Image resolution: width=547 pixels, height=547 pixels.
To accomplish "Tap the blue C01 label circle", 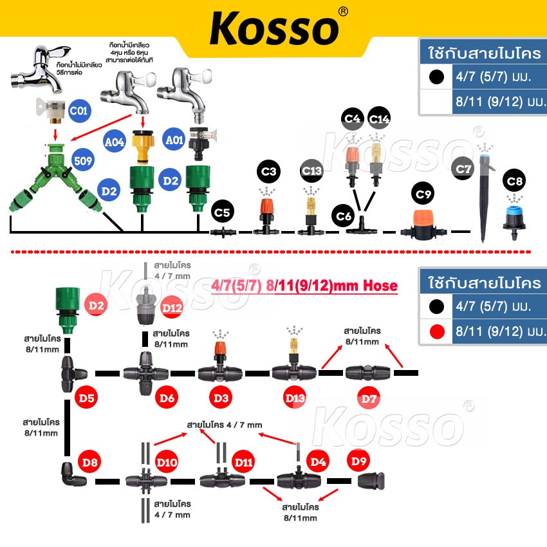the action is pos(79,111).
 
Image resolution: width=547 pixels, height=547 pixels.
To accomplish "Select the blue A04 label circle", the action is pos(115,142).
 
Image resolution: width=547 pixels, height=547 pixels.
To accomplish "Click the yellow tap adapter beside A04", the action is pos(143,147).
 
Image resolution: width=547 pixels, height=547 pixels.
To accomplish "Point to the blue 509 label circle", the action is pos(83,160).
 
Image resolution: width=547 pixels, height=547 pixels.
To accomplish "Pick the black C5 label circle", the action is pos(222,212).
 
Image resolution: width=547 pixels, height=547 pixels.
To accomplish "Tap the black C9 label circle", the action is pos(423,194).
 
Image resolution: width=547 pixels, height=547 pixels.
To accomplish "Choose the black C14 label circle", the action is pos(379,118).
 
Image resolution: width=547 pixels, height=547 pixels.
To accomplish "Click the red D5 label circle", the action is pos(86,398).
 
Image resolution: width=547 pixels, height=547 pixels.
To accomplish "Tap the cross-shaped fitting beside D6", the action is pos(145,373).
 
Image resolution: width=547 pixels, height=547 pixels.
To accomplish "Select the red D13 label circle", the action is pos(295,398).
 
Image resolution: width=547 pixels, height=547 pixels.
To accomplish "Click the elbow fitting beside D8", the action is pos(73,474).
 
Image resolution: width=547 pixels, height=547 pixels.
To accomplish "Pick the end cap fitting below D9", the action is pos(371,481).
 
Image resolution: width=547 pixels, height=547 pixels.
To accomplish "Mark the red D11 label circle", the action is pos(243,462).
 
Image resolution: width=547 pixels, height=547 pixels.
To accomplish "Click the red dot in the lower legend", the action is pos(437,331).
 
